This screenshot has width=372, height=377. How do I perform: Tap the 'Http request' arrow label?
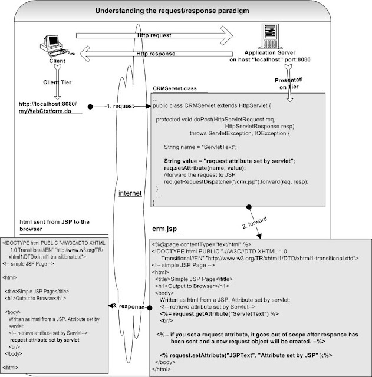(x=155, y=35)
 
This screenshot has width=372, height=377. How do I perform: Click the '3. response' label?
(x=127, y=307)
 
